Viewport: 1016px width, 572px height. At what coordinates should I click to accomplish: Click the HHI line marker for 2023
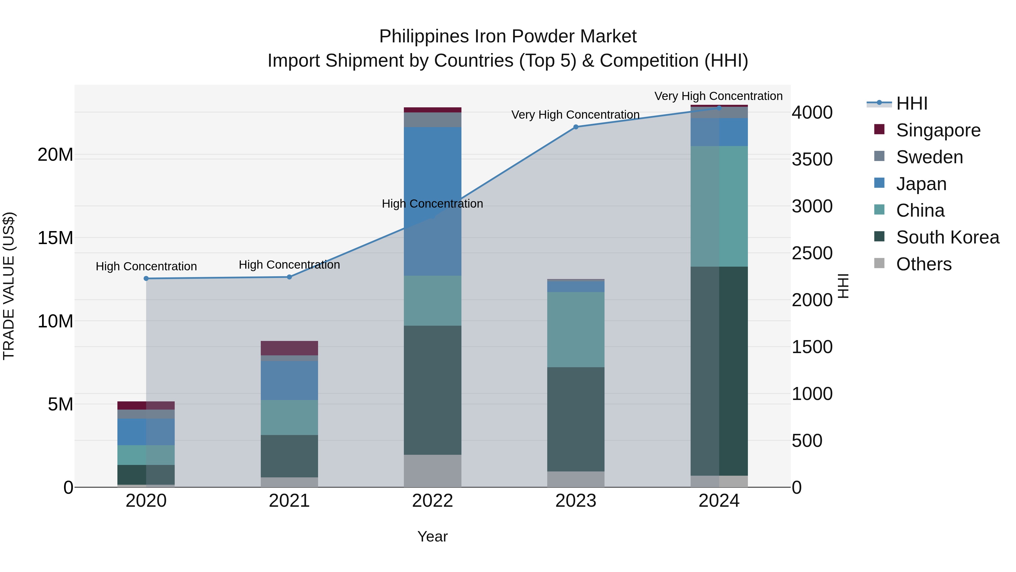pyautogui.click(x=575, y=127)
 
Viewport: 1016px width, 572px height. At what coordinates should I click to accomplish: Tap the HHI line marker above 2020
pyautogui.click(x=146, y=278)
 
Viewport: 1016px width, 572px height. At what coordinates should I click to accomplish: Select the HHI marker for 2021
pyautogui.click(x=289, y=277)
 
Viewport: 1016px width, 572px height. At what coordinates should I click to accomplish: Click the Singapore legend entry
pyautogui.click(x=938, y=130)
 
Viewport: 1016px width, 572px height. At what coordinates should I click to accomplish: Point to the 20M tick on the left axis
pyautogui.click(x=55, y=154)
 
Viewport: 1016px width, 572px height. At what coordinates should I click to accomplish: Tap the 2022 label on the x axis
pyautogui.click(x=432, y=501)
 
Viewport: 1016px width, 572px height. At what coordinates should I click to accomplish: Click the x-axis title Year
pyautogui.click(x=432, y=536)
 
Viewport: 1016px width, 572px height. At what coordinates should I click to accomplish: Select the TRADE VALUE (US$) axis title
pyautogui.click(x=9, y=286)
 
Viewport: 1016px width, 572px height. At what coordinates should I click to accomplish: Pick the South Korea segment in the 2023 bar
pyautogui.click(x=575, y=419)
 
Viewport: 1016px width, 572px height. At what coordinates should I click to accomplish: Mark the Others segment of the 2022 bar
pyautogui.click(x=432, y=471)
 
